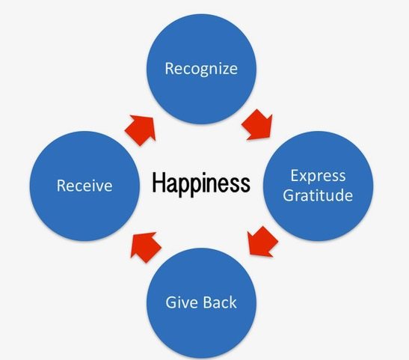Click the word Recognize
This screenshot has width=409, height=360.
click(x=201, y=69)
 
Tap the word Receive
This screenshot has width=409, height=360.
click(x=84, y=186)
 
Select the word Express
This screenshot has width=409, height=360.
click(x=319, y=176)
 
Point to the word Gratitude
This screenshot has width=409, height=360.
click(x=318, y=195)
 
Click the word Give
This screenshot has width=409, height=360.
click(x=182, y=302)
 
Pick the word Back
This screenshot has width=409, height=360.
click(x=220, y=302)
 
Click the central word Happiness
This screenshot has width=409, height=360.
click(x=201, y=183)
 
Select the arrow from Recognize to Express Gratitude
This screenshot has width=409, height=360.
click(x=257, y=124)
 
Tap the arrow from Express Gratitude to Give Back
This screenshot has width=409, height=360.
click(x=262, y=242)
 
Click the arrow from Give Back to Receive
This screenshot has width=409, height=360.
click(x=146, y=247)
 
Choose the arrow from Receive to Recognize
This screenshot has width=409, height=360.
click(x=141, y=130)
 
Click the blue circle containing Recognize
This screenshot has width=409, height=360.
click(x=201, y=69)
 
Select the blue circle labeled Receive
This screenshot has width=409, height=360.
click(x=84, y=186)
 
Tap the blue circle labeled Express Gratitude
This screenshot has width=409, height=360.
click(x=319, y=186)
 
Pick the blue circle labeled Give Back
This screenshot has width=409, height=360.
click(x=201, y=303)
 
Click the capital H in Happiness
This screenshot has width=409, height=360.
click(x=158, y=182)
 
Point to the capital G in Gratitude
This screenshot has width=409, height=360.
click(x=289, y=195)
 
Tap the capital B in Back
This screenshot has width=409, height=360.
click(x=208, y=302)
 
